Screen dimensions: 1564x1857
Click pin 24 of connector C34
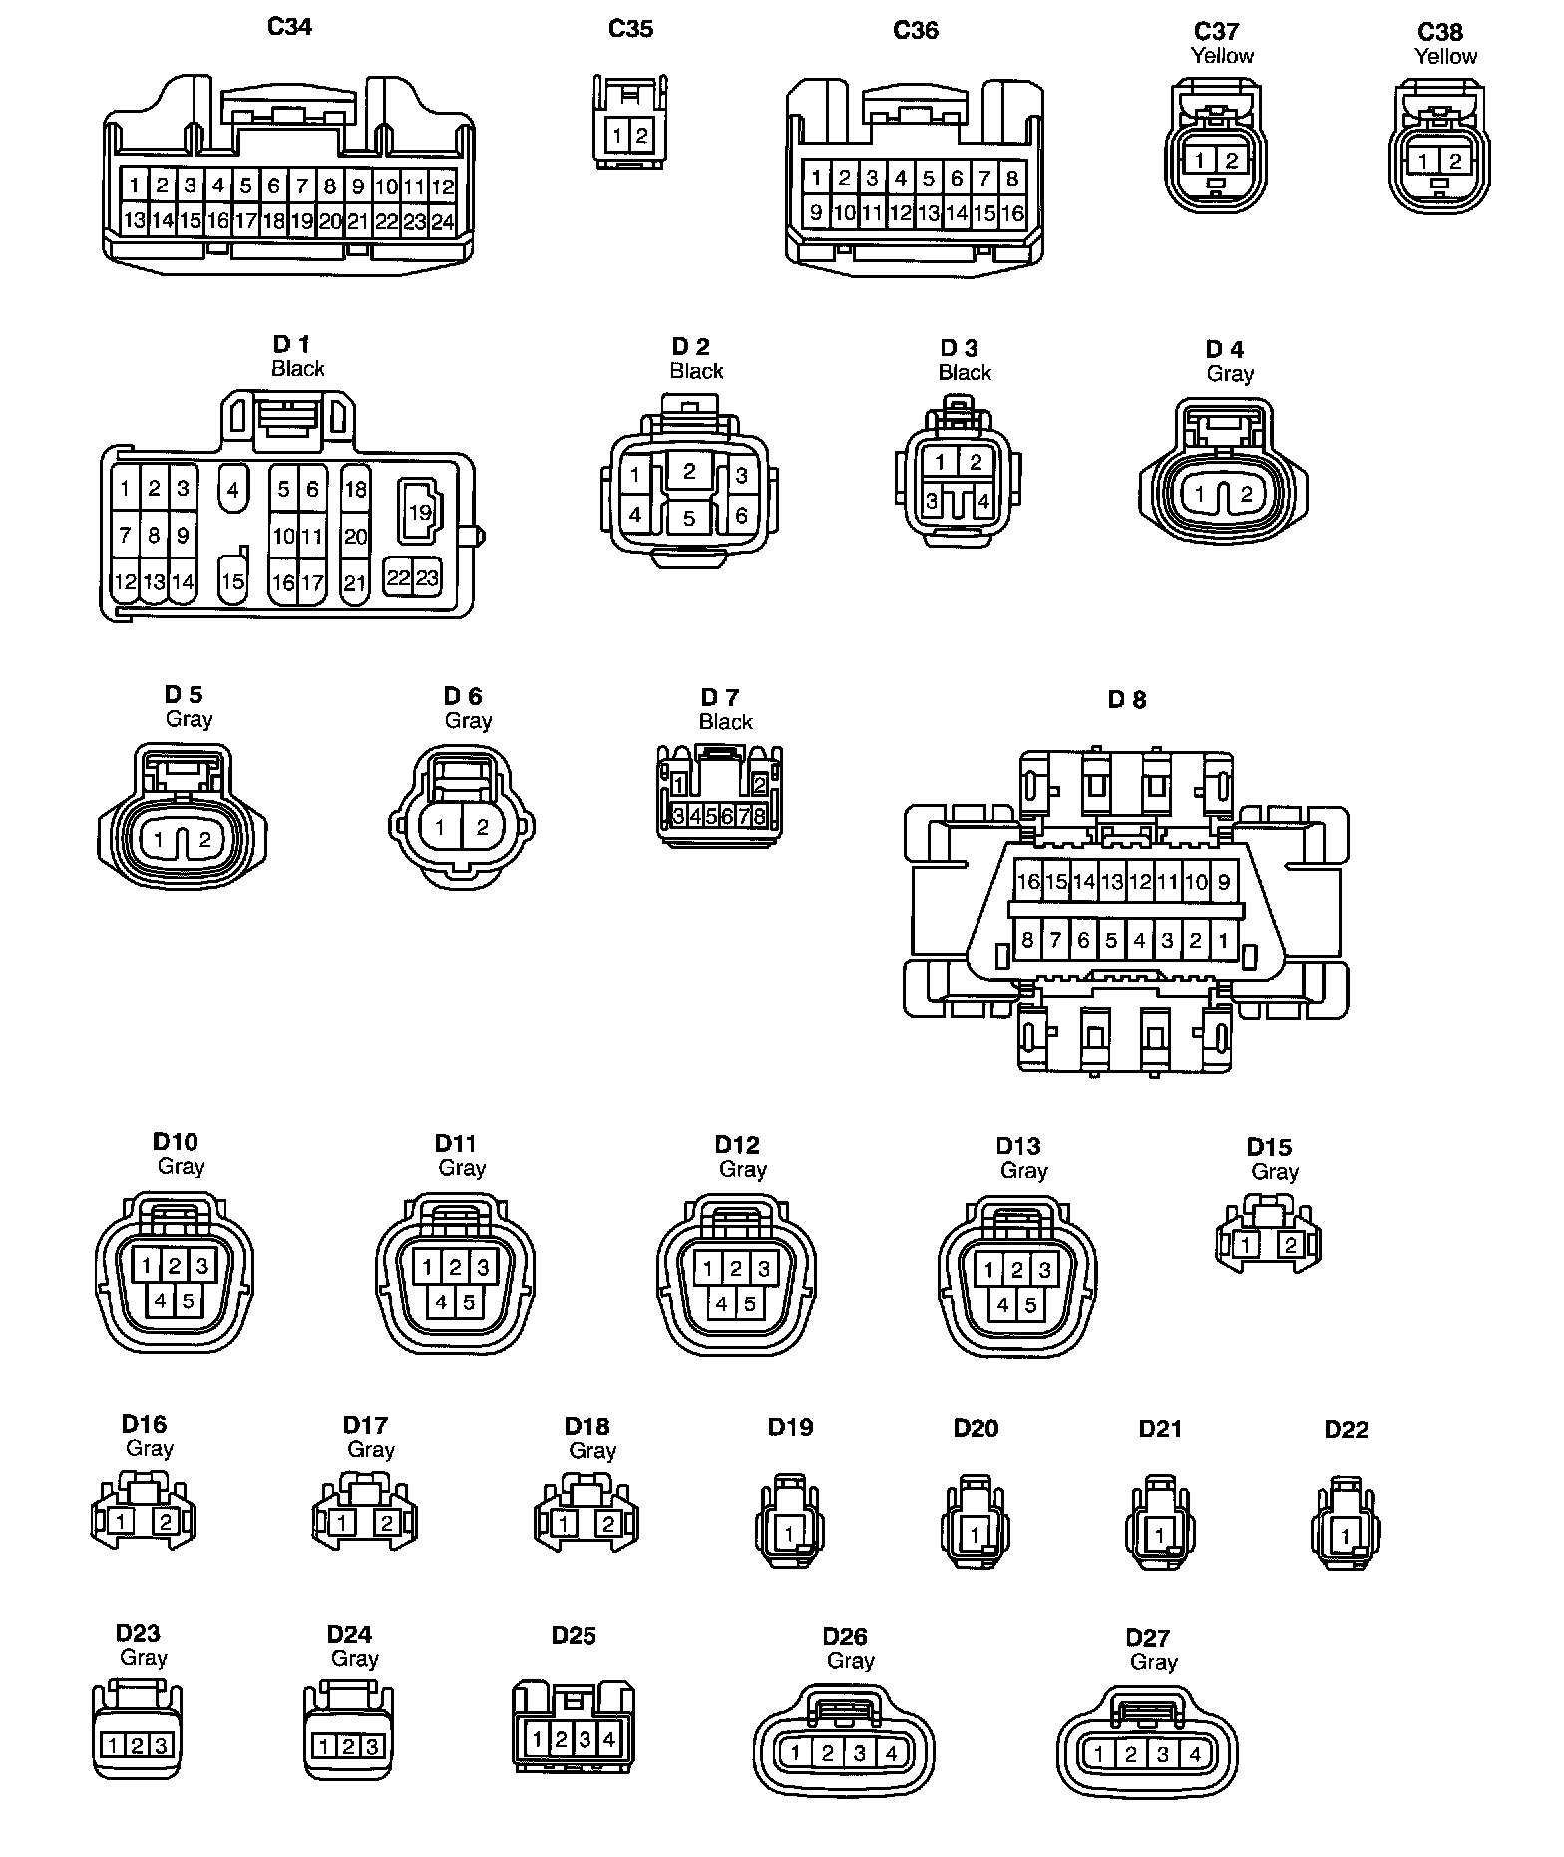[x=443, y=221]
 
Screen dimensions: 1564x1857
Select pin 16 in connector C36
[x=1012, y=212]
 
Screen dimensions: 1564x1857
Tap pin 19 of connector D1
[x=420, y=512]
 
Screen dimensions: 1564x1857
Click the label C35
[x=630, y=29]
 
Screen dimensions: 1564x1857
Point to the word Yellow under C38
[x=1445, y=56]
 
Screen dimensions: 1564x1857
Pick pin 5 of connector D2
[x=689, y=519]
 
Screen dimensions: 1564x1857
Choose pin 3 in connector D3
[x=932, y=501]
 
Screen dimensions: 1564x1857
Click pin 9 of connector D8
[x=1223, y=882]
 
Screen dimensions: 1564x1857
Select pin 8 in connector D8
[x=1027, y=940]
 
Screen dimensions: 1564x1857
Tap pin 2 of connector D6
[x=483, y=827]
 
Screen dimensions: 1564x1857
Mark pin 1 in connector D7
[x=679, y=785]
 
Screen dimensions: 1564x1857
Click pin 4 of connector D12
[x=722, y=1303]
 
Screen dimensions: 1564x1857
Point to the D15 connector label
[x=1269, y=1147]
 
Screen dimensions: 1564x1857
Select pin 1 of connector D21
[x=1159, y=1535]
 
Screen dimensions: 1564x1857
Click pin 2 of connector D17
[x=387, y=1523]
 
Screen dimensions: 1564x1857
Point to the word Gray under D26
[x=850, y=1661]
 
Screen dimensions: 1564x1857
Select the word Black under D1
[x=297, y=369]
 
